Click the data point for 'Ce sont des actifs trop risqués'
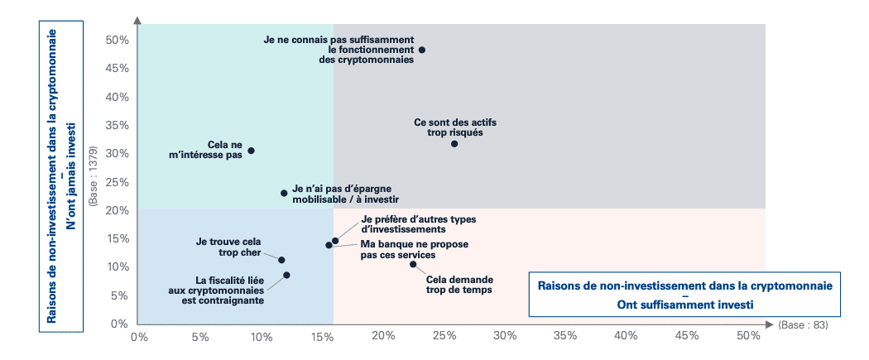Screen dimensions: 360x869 pos(454,144)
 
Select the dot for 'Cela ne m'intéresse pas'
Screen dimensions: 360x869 pos(251,151)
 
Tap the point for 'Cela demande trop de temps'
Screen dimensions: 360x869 pos(413,264)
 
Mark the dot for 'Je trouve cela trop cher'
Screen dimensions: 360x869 pos(281,260)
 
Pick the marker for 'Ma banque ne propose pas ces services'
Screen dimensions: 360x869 pos(329,245)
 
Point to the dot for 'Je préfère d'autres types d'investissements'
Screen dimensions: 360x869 pos(335,241)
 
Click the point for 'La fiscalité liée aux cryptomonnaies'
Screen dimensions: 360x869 pos(286,275)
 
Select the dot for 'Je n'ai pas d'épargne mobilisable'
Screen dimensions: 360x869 pos(284,193)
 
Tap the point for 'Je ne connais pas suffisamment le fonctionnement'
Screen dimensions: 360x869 pos(422,50)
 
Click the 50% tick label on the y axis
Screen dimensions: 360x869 pos(117,41)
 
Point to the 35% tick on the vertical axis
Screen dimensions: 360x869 pos(117,126)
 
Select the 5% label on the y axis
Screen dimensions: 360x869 pos(120,295)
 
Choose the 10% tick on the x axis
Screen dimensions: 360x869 pos(262,336)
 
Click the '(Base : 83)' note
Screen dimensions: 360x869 pos(803,324)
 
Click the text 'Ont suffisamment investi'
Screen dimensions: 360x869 pos(685,304)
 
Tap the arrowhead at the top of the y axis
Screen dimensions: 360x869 pos(137,17)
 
